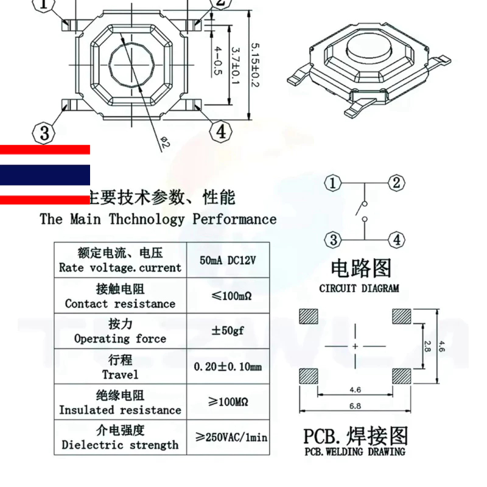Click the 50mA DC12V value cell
tap(228, 260)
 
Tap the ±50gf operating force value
tap(226, 331)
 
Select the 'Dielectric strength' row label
tap(120, 445)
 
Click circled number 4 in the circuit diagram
tap(396, 239)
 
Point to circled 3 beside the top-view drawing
tap(44, 132)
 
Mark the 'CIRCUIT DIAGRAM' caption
tap(359, 288)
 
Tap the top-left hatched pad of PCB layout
tap(309, 317)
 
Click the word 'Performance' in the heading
tap(234, 219)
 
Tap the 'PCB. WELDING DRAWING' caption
tap(355, 452)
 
